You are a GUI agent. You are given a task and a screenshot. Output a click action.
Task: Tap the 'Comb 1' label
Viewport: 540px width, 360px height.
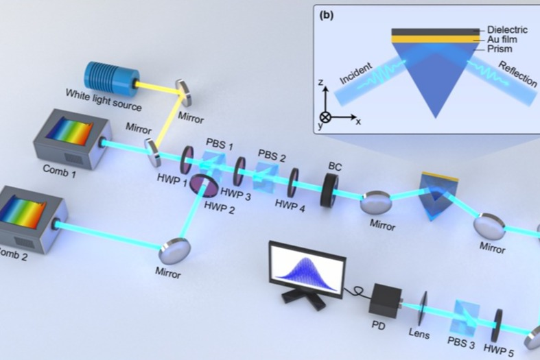tap(59, 171)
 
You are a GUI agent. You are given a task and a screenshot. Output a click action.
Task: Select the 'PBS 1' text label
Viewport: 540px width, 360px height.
tap(220, 144)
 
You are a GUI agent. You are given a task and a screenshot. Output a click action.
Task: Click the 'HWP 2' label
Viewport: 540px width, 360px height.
tap(219, 208)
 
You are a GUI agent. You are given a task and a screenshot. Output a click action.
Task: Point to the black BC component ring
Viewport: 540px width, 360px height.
tap(329, 190)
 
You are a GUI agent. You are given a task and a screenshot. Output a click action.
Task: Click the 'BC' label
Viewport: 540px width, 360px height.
tap(335, 167)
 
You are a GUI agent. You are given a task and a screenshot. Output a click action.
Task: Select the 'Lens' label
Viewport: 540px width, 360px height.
tap(419, 333)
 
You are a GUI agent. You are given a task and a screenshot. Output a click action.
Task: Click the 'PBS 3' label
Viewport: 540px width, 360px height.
tap(461, 342)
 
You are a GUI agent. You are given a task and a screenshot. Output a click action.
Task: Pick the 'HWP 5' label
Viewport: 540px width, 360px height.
tap(499, 350)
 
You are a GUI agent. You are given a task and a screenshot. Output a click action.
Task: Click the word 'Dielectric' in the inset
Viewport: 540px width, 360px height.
tap(507, 29)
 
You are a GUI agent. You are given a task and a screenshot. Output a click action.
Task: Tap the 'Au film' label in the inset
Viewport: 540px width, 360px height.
tap(502, 39)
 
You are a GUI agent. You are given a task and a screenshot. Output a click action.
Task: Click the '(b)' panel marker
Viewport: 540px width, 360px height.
tap(327, 16)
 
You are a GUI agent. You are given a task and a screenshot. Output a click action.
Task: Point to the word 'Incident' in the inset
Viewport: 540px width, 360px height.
tap(356, 73)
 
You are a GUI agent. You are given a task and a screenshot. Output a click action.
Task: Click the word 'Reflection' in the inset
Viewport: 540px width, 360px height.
tap(517, 73)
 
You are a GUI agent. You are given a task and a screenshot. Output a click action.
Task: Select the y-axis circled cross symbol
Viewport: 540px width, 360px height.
tap(325, 117)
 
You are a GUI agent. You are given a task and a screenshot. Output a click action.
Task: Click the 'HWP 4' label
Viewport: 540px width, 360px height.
tap(290, 206)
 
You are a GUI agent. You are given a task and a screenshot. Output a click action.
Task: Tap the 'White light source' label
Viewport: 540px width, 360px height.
tap(104, 100)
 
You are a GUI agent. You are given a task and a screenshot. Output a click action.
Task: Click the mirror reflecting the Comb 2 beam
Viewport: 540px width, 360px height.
tap(174, 251)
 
